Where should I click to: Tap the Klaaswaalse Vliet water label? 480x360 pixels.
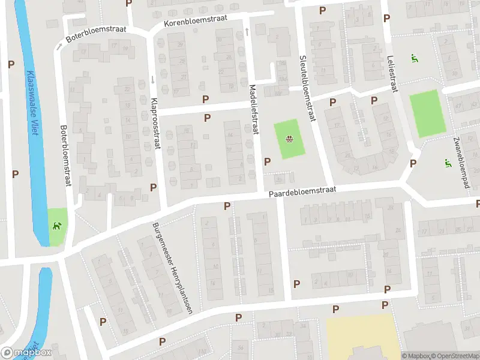coord(32,103)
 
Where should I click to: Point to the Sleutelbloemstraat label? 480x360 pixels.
coord(307,89)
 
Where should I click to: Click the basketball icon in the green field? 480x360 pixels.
coord(289,140)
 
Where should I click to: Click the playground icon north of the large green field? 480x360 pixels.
coord(414,58)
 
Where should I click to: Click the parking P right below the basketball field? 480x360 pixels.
coord(268,161)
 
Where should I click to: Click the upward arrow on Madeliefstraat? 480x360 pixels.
coord(247,31)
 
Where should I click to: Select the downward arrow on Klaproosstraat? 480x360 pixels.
coord(153,80)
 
